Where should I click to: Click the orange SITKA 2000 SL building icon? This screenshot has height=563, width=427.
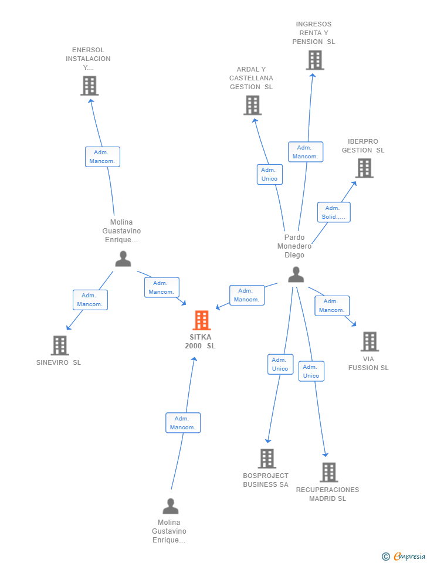click(x=202, y=320)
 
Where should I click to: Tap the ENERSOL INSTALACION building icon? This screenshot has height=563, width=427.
click(x=89, y=86)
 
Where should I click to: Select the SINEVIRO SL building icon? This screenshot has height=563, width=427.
click(x=60, y=345)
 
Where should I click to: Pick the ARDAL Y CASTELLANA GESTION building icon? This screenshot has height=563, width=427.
click(x=252, y=105)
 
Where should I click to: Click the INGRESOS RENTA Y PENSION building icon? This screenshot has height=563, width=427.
click(x=315, y=60)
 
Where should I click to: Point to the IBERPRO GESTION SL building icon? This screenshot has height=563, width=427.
click(x=364, y=168)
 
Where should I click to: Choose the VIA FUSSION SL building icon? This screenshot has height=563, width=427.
click(x=370, y=341)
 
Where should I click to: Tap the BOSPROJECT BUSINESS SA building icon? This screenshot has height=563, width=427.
click(x=267, y=458)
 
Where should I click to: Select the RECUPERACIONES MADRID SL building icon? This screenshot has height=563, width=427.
click(x=329, y=472)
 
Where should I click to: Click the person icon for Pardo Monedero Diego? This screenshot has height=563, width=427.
click(x=296, y=274)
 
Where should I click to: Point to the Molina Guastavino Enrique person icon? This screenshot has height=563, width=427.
click(x=123, y=259)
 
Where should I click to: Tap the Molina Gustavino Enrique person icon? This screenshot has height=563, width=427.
click(x=171, y=506)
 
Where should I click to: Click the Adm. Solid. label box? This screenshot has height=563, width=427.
click(x=334, y=212)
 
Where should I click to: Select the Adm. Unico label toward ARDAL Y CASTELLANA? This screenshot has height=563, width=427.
click(x=270, y=174)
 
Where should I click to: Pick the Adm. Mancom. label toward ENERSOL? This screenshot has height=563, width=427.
click(x=103, y=157)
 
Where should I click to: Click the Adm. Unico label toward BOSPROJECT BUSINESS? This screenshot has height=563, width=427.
click(x=280, y=364)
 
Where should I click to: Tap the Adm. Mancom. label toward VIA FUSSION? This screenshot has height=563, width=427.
click(x=332, y=306)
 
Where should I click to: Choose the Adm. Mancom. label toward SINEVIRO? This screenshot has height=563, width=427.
click(x=90, y=300)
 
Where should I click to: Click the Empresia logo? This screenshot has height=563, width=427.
click(x=404, y=556)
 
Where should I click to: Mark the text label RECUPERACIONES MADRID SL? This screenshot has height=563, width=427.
click(x=327, y=494)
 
